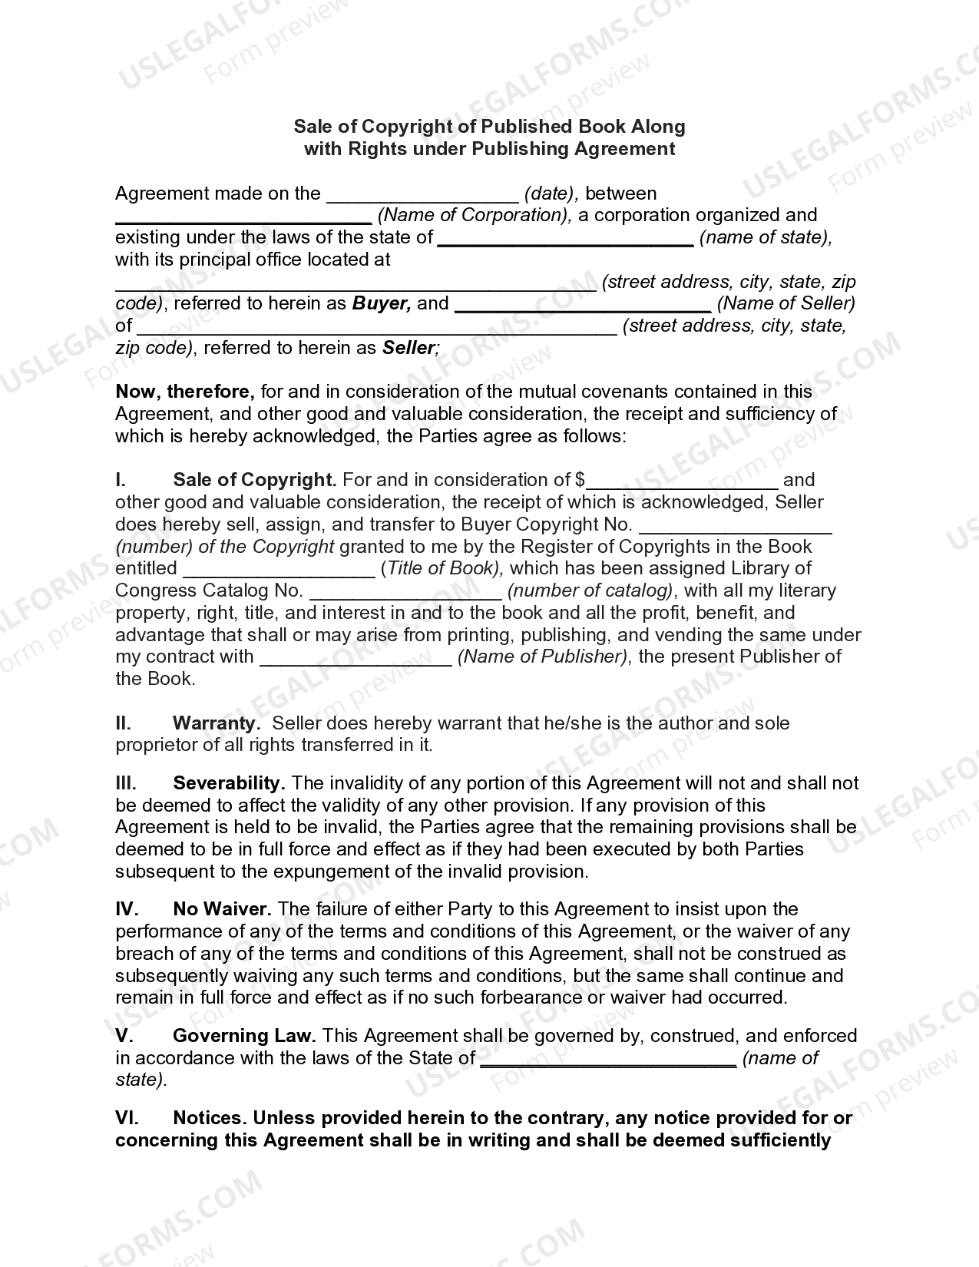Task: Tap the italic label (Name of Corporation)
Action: tap(475, 215)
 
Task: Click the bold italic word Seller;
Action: tap(411, 348)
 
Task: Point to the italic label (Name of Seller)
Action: tap(786, 303)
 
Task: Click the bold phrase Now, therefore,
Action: tap(185, 392)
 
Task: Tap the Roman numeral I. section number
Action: tap(121, 480)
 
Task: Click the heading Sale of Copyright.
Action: tap(255, 480)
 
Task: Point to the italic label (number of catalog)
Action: tap(590, 590)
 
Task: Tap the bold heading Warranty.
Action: tap(216, 723)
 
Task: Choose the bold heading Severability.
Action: tap(229, 783)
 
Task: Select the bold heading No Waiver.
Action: tap(222, 909)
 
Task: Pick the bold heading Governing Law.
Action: tap(244, 1036)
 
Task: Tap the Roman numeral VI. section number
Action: tap(127, 1118)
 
